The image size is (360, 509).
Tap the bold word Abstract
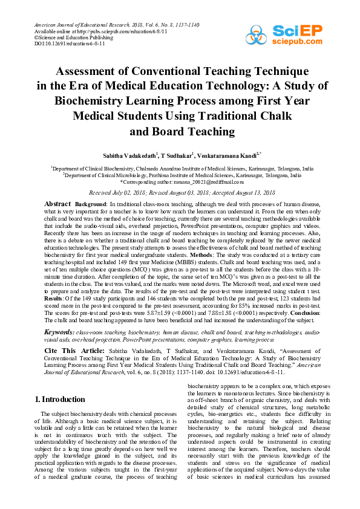click(58, 204)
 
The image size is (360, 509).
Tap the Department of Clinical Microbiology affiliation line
click(182, 175)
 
